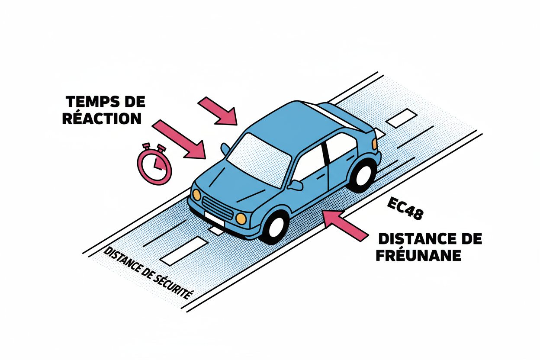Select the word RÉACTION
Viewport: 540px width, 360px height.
pos(102,118)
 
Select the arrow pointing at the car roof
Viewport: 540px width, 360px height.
pos(219,112)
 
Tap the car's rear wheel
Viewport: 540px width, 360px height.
pos(363,174)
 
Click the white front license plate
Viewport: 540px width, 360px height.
pos(213,219)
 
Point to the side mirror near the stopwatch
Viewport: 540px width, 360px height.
pos(225,149)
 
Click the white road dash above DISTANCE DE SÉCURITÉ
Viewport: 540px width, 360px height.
pos(182,251)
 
